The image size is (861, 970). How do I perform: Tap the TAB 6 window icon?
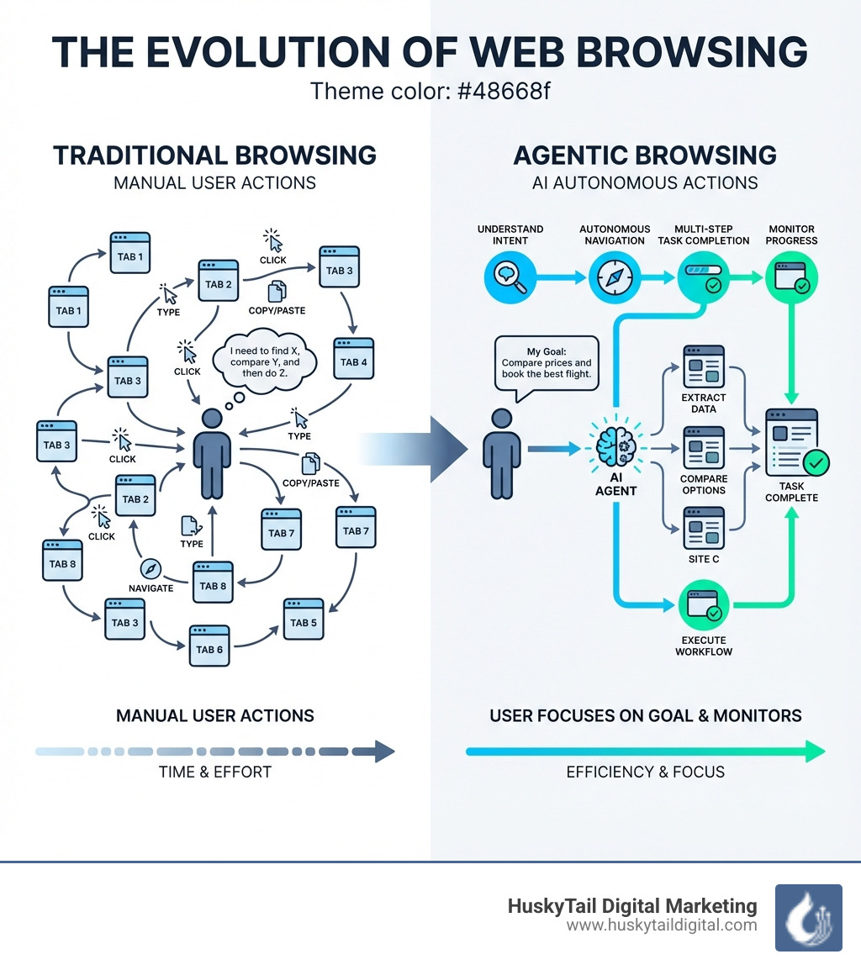point(209,645)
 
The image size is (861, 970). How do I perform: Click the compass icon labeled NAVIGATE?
point(151,568)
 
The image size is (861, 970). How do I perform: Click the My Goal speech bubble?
point(547,363)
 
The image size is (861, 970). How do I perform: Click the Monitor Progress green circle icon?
point(790,277)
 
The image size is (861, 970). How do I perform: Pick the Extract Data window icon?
point(704,366)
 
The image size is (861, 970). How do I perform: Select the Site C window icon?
point(704,527)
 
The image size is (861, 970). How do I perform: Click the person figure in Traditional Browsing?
point(212,454)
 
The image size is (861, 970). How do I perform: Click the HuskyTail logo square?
point(808,917)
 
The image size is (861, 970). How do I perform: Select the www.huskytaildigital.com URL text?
point(662,925)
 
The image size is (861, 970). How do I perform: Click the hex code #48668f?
point(502,90)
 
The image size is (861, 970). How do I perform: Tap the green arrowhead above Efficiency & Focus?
point(815,751)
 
